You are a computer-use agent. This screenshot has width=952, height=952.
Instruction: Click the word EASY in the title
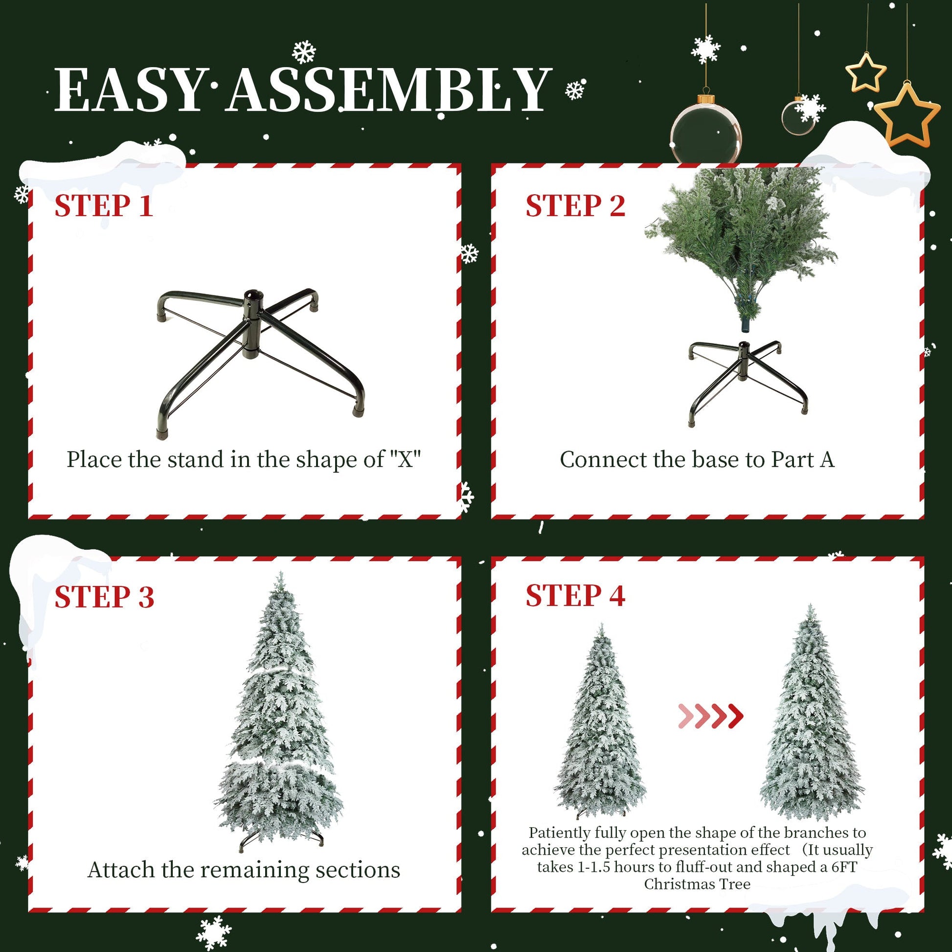(x=129, y=90)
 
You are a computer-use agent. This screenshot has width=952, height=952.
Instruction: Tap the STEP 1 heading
(x=104, y=205)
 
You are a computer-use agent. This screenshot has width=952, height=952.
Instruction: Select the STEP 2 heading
(x=575, y=205)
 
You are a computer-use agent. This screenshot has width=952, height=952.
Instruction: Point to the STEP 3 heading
(x=104, y=597)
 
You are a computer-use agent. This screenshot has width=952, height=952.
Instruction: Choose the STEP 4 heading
(x=575, y=595)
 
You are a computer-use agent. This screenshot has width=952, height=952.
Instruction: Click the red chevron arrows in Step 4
(x=710, y=717)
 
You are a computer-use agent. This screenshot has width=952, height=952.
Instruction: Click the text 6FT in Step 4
(x=844, y=867)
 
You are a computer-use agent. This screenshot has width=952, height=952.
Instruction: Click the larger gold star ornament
(x=907, y=115)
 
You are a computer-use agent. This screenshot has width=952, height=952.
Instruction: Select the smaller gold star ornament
(x=866, y=72)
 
